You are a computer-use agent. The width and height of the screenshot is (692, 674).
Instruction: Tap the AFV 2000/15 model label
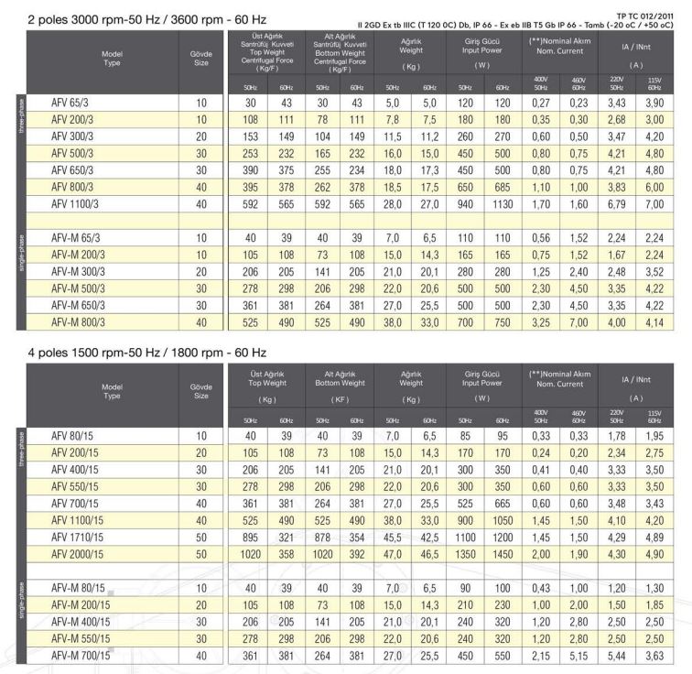pyautogui.click(x=79, y=555)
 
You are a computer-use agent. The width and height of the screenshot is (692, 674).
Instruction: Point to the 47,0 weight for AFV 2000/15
pyautogui.click(x=388, y=555)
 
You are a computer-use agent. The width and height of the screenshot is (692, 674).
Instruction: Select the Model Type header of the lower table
pyautogui.click(x=112, y=391)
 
